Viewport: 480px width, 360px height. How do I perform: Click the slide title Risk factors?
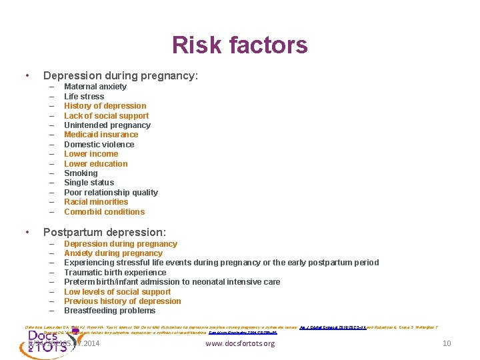point(239,45)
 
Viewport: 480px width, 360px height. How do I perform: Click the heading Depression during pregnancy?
point(121,76)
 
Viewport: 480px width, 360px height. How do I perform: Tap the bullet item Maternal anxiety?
point(95,87)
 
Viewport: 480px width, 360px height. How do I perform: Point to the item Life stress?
point(84,97)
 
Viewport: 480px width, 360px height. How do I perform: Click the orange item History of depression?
point(105,106)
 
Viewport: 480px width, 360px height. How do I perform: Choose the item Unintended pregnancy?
point(107,125)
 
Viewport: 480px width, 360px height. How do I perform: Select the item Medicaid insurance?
point(101,135)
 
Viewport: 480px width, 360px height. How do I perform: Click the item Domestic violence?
point(99,145)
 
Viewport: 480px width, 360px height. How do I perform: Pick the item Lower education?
point(96,164)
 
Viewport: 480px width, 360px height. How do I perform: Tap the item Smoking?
point(80,173)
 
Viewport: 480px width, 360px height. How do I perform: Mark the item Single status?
point(89,183)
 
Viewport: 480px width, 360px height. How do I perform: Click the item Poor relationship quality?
point(111,193)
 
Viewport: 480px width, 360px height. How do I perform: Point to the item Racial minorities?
point(96,202)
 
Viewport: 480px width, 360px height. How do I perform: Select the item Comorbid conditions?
point(105,212)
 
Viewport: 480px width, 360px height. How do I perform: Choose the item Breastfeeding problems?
point(110,311)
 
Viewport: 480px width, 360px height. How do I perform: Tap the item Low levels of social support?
point(117,292)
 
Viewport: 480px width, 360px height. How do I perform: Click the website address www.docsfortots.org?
point(240,344)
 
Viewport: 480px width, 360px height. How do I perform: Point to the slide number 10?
point(447,344)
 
